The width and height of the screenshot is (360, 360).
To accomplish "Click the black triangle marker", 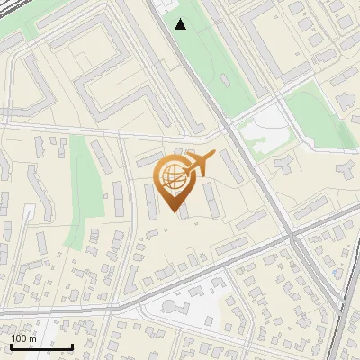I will point(181,24).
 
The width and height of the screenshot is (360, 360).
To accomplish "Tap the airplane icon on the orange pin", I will point(200,164).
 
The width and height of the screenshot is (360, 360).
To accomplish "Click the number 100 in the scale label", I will point(18,337).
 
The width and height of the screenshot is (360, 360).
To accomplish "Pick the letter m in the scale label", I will point(32,337).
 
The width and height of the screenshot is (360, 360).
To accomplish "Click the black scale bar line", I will point(41,346).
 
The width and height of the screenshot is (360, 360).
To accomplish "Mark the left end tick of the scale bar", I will point(11,345).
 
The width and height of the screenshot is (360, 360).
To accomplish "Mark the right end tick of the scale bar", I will point(72,345).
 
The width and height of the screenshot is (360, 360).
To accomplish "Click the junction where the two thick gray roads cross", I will point(293,236).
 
